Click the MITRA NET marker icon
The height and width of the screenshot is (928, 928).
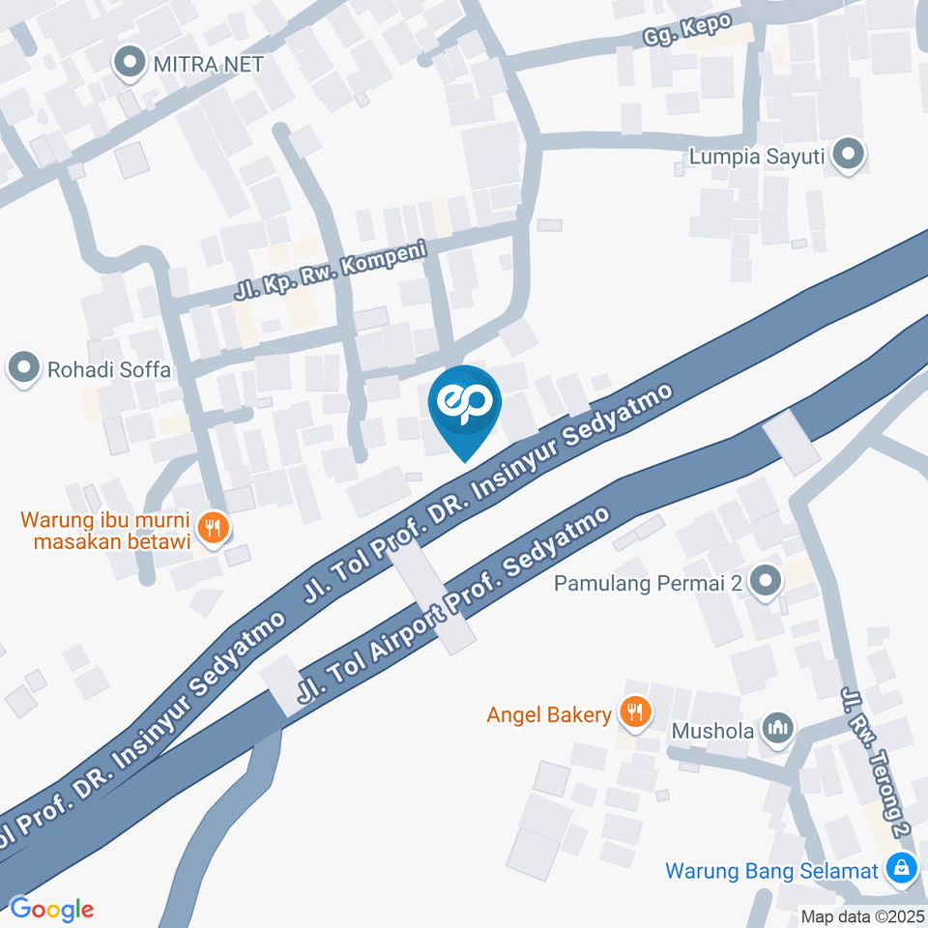[x=127, y=64]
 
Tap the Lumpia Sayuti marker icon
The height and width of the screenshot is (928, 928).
[x=849, y=155]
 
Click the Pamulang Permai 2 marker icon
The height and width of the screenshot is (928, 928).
[x=766, y=582]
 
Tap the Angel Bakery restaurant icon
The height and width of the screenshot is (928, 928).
[x=633, y=713]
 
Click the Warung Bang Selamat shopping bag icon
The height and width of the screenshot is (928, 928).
[x=901, y=869]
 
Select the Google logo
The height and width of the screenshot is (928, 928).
[x=51, y=909]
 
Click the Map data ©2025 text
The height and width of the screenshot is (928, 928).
[x=861, y=916]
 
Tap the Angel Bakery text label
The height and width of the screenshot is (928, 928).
[x=549, y=714]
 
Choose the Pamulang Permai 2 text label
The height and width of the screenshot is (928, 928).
[x=650, y=584]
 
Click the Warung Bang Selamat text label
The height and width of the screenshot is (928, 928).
[x=770, y=870]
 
